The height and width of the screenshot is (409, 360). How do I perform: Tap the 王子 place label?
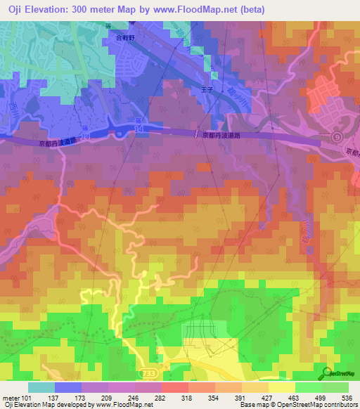[207, 90]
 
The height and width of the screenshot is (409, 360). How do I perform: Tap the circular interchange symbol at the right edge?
[337, 137]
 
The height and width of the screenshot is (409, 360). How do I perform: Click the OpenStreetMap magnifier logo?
[327, 372]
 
